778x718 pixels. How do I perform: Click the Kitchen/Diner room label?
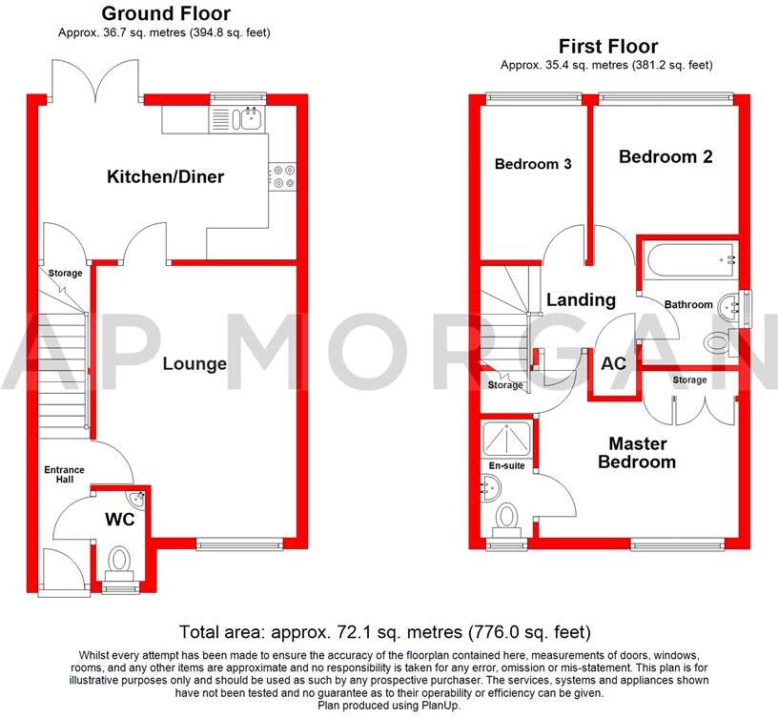click(165, 176)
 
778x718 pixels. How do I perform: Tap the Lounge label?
click(194, 363)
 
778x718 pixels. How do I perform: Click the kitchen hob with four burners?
click(283, 176)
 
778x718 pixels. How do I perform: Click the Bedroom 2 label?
click(665, 156)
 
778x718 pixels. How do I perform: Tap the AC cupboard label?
click(612, 363)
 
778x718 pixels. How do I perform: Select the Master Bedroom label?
click(638, 453)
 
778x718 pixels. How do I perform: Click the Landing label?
click(581, 299)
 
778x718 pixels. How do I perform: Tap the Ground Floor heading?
click(165, 13)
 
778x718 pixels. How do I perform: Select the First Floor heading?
click(607, 46)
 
